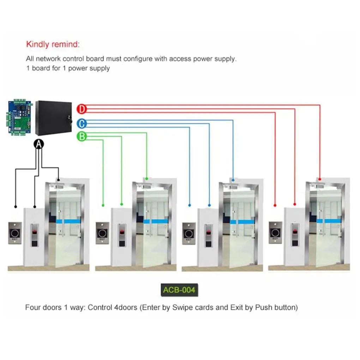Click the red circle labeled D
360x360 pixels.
click(x=82, y=109)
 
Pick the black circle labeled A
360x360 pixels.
click(x=39, y=143)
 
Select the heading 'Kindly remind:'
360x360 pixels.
click(x=53, y=44)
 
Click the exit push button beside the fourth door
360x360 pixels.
click(x=275, y=233)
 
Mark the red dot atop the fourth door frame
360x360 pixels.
click(x=320, y=179)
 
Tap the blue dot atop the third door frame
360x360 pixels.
click(x=233, y=179)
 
